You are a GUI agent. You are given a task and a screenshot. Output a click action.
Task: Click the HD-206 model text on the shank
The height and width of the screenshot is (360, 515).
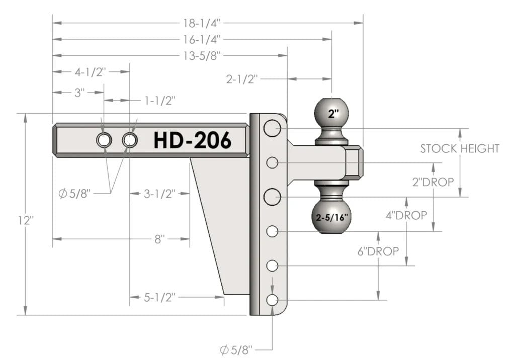click(193, 140)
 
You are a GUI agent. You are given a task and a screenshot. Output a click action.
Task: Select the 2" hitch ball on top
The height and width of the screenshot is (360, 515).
click(331, 113)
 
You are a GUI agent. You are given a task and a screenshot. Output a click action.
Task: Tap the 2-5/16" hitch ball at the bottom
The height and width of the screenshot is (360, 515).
click(331, 216)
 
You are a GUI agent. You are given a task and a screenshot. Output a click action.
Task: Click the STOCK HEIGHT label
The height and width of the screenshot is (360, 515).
click(460, 149)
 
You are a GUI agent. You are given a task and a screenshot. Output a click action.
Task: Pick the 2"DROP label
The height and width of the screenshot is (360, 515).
click(433, 182)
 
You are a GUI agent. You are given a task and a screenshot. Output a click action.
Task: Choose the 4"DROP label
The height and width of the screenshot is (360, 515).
click(406, 215)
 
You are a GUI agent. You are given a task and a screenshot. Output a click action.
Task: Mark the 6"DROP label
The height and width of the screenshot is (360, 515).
click(378, 251)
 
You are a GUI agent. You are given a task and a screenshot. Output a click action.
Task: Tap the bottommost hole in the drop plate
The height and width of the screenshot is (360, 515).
click(272, 300)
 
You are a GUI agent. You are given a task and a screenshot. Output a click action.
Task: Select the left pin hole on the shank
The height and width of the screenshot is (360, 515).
click(104, 141)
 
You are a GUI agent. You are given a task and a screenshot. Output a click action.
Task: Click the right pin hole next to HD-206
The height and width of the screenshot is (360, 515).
click(130, 141)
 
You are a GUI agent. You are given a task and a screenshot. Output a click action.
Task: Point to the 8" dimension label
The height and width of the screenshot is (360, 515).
click(160, 239)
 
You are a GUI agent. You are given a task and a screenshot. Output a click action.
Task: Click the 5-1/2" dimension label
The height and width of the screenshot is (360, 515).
click(160, 298)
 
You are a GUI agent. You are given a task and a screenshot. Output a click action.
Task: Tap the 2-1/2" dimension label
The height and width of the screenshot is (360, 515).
click(242, 79)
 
